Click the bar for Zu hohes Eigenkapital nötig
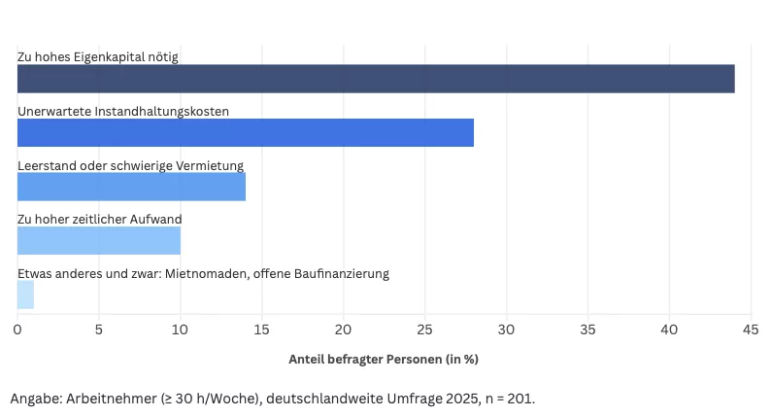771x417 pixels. tap(376, 79)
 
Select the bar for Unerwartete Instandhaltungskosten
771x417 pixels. tap(246, 132)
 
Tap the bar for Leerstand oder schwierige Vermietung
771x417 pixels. tap(131, 187)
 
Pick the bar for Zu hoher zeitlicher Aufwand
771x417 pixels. tap(98, 240)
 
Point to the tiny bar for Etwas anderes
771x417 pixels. tap(25, 295)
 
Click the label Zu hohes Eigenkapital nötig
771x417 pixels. tap(97, 57)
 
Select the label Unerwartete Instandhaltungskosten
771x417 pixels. tap(123, 112)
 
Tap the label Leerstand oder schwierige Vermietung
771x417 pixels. tap(130, 165)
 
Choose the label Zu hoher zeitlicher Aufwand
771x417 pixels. tap(99, 220)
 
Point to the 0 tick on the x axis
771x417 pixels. tap(17, 330)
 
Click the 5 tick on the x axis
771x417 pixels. tap(99, 330)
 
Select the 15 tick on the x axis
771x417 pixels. tap(261, 330)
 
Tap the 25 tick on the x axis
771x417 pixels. tap(424, 330)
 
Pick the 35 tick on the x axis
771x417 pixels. tap(587, 330)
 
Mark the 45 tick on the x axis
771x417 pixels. tap(750, 330)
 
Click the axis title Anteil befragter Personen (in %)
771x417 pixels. tap(384, 359)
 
